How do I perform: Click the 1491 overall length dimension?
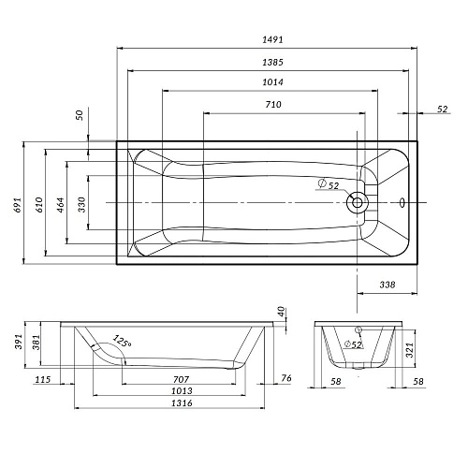(272, 39)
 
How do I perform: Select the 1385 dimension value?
(272, 63)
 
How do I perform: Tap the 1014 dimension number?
(272, 82)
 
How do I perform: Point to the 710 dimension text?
(273, 104)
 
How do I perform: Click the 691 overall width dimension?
(18, 205)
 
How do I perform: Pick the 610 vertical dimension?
(39, 205)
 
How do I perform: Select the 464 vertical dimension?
(61, 205)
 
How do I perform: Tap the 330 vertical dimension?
(81, 205)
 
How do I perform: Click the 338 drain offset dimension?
(388, 285)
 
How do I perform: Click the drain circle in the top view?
(358, 203)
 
